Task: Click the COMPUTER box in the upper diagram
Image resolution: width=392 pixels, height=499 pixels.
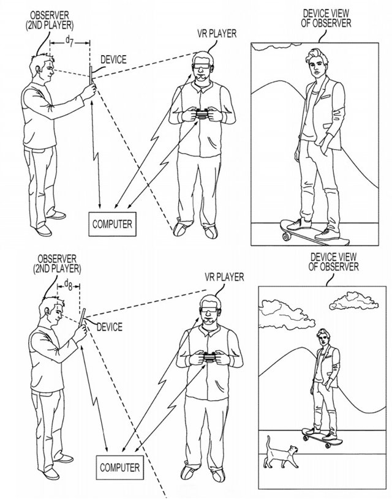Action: [x=113, y=224]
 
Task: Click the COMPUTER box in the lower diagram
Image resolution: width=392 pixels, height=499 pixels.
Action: [x=120, y=468]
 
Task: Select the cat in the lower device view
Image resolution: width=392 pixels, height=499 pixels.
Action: [x=281, y=453]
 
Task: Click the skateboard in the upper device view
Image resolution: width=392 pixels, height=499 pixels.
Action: [x=314, y=232]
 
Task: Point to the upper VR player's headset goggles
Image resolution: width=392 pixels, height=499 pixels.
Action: [x=202, y=67]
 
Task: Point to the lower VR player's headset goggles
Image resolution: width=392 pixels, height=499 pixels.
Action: [x=209, y=310]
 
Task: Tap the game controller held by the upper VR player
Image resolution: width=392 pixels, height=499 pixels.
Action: [x=202, y=113]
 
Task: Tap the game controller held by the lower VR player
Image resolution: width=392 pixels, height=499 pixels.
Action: [x=210, y=357]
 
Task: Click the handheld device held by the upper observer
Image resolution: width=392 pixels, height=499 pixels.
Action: [x=91, y=75]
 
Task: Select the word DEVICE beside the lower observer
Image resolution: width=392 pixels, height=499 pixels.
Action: [x=110, y=327]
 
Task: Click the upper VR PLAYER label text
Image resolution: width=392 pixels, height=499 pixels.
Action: [x=217, y=33]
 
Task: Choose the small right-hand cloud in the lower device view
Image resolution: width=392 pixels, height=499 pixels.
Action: [x=354, y=301]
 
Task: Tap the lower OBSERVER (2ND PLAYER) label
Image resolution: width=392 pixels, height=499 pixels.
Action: [x=57, y=264]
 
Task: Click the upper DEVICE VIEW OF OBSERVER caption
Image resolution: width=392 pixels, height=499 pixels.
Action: [x=326, y=18]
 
